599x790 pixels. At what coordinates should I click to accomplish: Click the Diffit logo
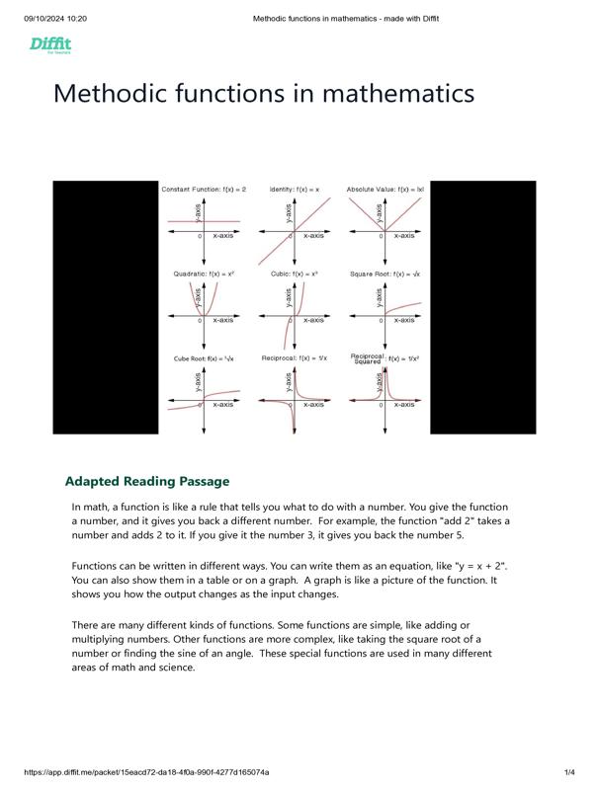tap(49, 44)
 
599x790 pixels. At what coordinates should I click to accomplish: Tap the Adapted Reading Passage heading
tap(147, 481)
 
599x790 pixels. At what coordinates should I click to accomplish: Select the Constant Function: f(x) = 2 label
tap(204, 189)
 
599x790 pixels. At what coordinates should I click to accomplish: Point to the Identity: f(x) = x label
tap(295, 189)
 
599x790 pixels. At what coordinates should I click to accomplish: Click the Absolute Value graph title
tap(385, 189)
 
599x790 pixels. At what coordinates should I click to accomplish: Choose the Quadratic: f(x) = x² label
tap(204, 274)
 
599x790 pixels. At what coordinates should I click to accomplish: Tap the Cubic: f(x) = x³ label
tap(295, 274)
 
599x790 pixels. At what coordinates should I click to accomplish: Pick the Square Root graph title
tap(385, 274)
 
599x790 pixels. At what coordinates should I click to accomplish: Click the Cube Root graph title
tap(205, 358)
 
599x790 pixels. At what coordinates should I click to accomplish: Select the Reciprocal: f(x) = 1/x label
tap(294, 358)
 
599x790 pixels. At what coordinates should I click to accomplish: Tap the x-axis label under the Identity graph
tap(313, 236)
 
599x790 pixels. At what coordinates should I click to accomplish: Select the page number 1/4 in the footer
tap(569, 771)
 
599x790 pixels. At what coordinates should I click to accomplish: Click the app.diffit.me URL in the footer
tap(146, 771)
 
